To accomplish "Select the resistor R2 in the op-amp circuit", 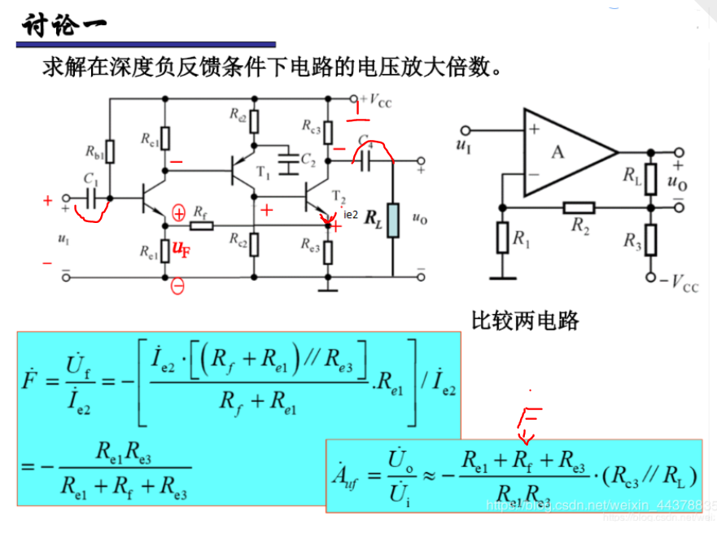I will [579, 208].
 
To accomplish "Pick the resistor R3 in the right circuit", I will [650, 241].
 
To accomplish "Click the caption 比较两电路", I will [525, 321].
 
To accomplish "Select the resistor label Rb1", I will [94, 151].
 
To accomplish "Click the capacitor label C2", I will [307, 159].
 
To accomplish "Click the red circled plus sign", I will [179, 213].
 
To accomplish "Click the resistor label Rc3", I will [310, 126].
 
